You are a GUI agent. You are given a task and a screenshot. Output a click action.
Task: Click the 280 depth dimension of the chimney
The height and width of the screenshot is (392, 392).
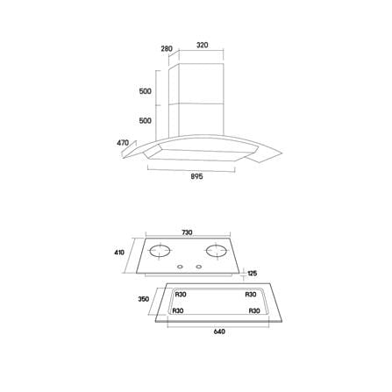tap(167, 48)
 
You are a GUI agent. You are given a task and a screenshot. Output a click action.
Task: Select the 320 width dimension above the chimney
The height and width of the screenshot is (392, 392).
tap(203, 45)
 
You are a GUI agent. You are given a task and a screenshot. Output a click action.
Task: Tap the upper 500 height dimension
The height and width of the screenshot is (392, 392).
tap(146, 91)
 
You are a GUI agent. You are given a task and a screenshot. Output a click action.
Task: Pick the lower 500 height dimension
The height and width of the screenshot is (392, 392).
tap(146, 120)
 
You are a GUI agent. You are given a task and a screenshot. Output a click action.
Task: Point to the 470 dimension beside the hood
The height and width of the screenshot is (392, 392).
tap(123, 143)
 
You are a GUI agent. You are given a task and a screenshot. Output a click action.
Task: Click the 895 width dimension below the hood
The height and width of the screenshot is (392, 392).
tap(196, 176)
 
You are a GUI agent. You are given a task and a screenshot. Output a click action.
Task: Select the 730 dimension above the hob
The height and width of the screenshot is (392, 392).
tap(187, 232)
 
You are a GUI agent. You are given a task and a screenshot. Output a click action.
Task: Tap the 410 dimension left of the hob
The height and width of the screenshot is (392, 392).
tap(119, 253)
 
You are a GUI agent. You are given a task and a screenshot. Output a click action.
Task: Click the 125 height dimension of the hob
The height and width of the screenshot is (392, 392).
tap(253, 274)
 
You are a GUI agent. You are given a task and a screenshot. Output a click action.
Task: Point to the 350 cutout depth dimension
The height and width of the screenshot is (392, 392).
tap(144, 299)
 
